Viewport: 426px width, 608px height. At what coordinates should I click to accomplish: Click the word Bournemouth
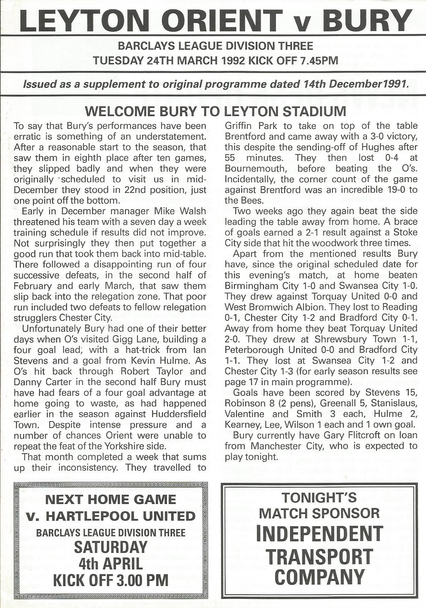pos(254,168)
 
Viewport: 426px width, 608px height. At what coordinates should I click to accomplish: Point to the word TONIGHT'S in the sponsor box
pos(319,497)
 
